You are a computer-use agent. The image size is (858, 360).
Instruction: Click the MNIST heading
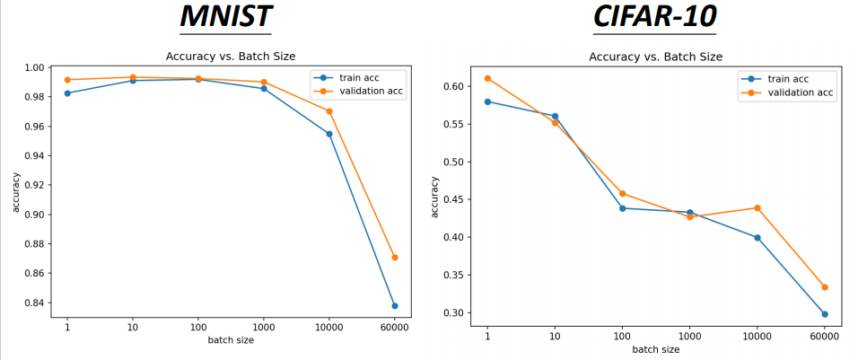[x=225, y=18]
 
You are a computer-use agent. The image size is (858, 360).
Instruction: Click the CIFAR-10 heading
[x=654, y=18]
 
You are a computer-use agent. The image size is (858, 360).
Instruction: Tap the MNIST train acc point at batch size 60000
[x=394, y=306]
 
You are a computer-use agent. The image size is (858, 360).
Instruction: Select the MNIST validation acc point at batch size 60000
[x=394, y=258]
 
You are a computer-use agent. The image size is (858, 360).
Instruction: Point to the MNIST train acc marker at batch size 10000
[x=329, y=134]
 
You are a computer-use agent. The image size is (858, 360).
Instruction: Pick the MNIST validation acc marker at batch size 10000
[x=329, y=111]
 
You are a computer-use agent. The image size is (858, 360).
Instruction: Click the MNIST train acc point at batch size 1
[x=67, y=93]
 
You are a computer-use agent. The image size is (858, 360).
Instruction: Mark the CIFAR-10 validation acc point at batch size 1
[x=487, y=78]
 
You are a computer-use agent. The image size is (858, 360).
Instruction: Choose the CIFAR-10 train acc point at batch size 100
[x=622, y=208]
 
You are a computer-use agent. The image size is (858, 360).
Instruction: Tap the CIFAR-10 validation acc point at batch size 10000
[x=757, y=208]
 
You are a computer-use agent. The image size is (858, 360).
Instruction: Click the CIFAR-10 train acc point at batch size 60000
[x=824, y=314]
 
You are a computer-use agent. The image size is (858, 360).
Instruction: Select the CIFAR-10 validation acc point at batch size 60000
[x=824, y=287]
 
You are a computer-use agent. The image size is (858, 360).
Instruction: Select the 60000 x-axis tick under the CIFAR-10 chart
[x=824, y=337]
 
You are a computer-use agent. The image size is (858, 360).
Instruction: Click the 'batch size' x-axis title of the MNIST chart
[x=231, y=341]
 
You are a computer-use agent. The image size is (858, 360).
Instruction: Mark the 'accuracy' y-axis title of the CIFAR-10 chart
[x=435, y=196]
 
